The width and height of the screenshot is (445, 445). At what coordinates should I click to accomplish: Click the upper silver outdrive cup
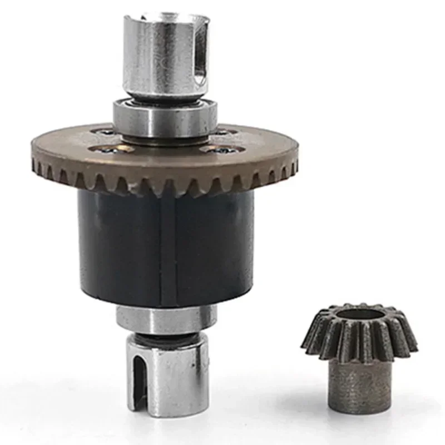[x=164, y=56]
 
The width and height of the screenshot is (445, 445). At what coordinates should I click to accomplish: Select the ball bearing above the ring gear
[x=165, y=117]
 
